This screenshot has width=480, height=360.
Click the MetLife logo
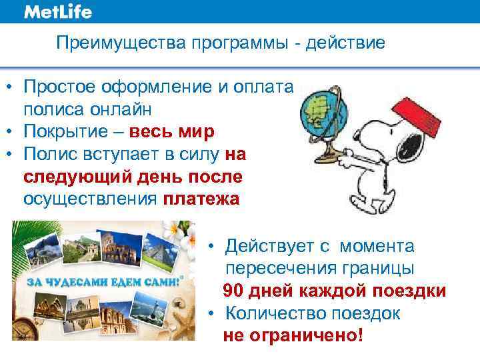[58, 12]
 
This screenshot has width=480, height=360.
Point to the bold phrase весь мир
[172, 131]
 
